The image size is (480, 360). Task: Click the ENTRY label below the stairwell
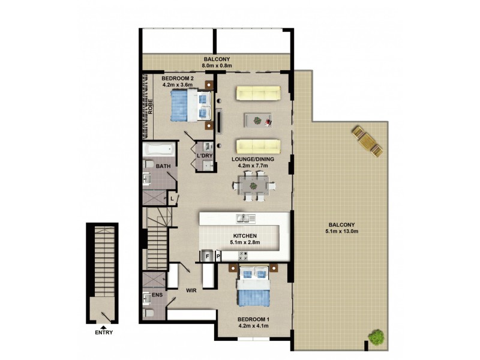(103, 333)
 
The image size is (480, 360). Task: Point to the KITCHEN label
(245, 236)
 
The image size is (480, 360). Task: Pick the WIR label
(192, 290)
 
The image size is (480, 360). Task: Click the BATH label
(163, 166)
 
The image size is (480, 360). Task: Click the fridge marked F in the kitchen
(208, 256)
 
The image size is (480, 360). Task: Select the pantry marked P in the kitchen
(218, 256)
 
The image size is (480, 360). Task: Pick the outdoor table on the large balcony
(367, 142)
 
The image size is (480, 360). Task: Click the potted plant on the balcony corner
(376, 337)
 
